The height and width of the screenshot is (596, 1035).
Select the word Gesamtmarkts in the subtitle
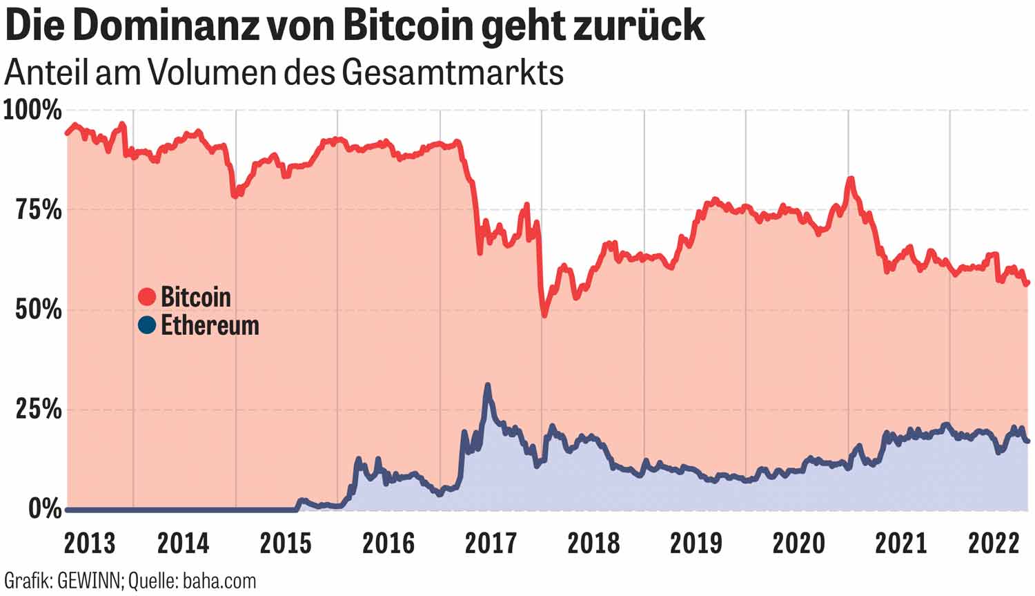(x=452, y=73)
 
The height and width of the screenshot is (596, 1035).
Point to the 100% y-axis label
(x=32, y=110)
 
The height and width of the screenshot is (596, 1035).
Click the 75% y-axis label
(x=39, y=210)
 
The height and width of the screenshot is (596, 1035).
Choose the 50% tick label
(x=39, y=309)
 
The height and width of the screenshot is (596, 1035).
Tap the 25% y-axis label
(x=39, y=410)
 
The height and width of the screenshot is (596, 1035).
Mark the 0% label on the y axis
(x=45, y=510)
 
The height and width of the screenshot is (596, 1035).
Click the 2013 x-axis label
(x=89, y=544)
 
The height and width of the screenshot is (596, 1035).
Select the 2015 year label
(x=286, y=544)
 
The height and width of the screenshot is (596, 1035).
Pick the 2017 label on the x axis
(x=491, y=544)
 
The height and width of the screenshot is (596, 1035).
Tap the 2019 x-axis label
(x=696, y=544)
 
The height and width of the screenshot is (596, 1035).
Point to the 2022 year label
(x=994, y=544)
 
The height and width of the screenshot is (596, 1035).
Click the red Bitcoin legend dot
(x=147, y=297)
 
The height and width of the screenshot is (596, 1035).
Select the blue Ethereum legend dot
(x=147, y=325)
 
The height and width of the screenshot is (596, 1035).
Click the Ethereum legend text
(x=210, y=325)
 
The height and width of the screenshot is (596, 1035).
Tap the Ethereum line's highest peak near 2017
(x=487, y=386)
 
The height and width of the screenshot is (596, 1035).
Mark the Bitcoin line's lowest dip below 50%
(x=544, y=315)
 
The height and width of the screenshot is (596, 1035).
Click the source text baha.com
(x=219, y=581)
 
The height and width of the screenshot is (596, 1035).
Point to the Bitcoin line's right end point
(x=1027, y=282)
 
